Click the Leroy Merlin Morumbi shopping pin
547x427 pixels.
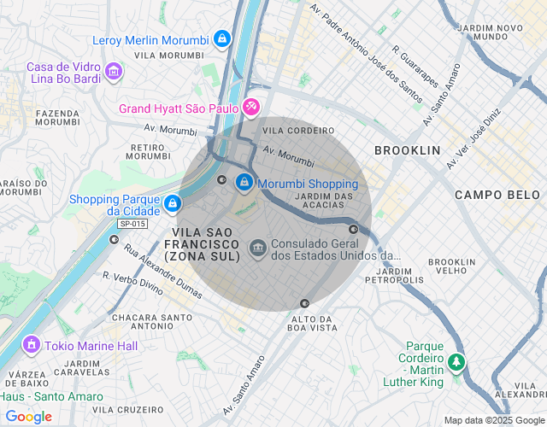coord(222,38)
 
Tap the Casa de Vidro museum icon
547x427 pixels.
coord(114,74)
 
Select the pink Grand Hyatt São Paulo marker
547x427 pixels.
coord(251,108)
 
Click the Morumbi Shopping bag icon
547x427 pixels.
coord(244,183)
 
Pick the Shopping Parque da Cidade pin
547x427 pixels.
coord(173,203)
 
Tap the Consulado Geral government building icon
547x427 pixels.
coord(257,249)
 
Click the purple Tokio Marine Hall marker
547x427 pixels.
coord(32,345)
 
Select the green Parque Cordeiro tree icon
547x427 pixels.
coord(457,362)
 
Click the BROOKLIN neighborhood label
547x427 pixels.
coord(407,150)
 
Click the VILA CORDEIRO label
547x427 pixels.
coord(298,131)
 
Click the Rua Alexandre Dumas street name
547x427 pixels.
coord(163,272)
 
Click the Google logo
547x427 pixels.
coord(28,417)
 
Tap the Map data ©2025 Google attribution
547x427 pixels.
coord(493,419)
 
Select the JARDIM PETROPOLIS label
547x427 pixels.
coord(394,275)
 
